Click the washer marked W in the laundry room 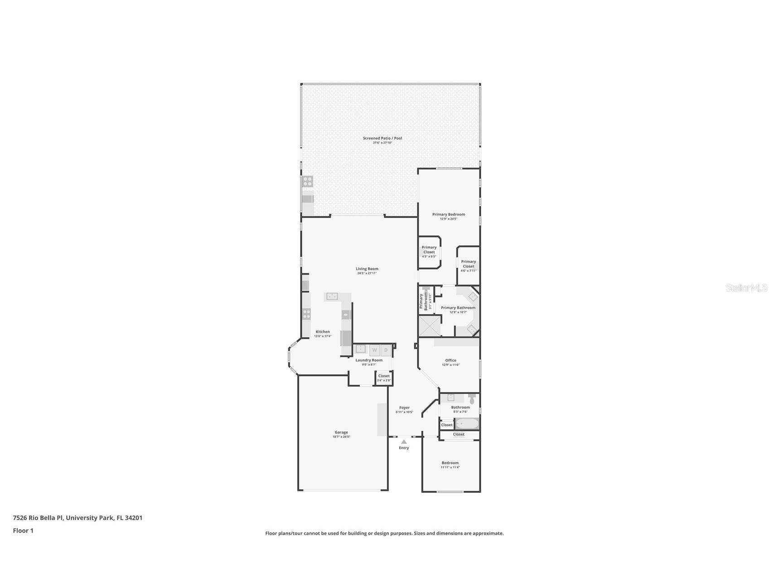(375, 350)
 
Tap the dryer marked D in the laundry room (386, 350)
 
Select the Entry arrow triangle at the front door (404, 442)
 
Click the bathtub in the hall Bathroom (467, 424)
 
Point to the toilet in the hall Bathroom (472, 399)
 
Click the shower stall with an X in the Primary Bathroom (429, 326)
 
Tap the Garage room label (341, 432)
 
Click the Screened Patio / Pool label (382, 138)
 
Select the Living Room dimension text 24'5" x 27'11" (367, 273)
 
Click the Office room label (450, 360)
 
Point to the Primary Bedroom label (448, 214)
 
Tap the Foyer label (404, 408)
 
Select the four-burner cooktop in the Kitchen (307, 314)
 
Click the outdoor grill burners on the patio (308, 182)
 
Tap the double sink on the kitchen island (332, 297)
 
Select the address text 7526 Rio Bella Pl (38, 518)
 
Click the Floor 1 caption (23, 531)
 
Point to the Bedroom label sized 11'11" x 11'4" (450, 463)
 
